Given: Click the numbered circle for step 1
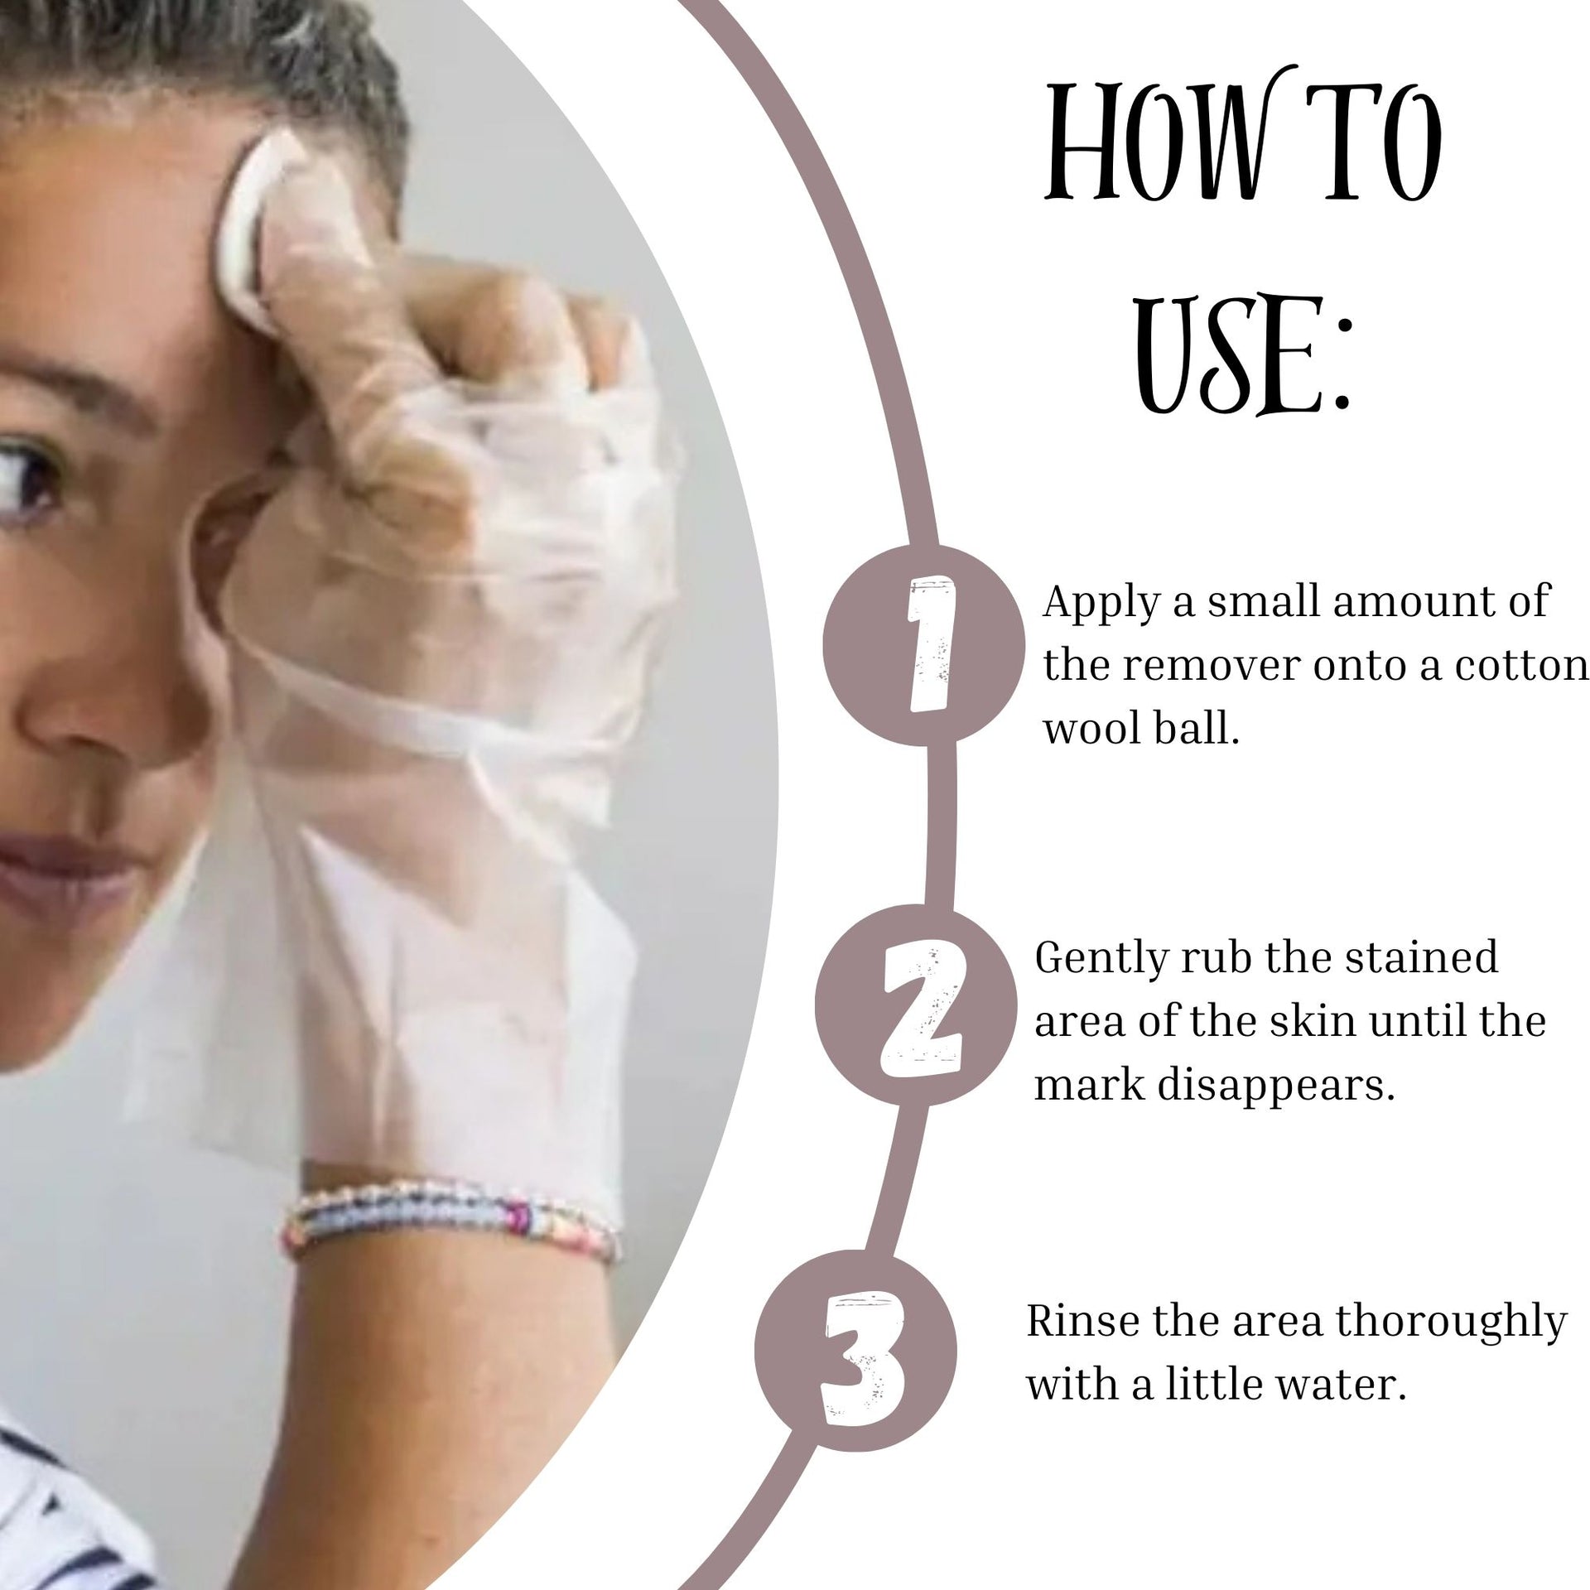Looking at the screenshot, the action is tap(923, 641).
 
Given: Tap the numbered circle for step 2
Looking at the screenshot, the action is tap(915, 1007).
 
